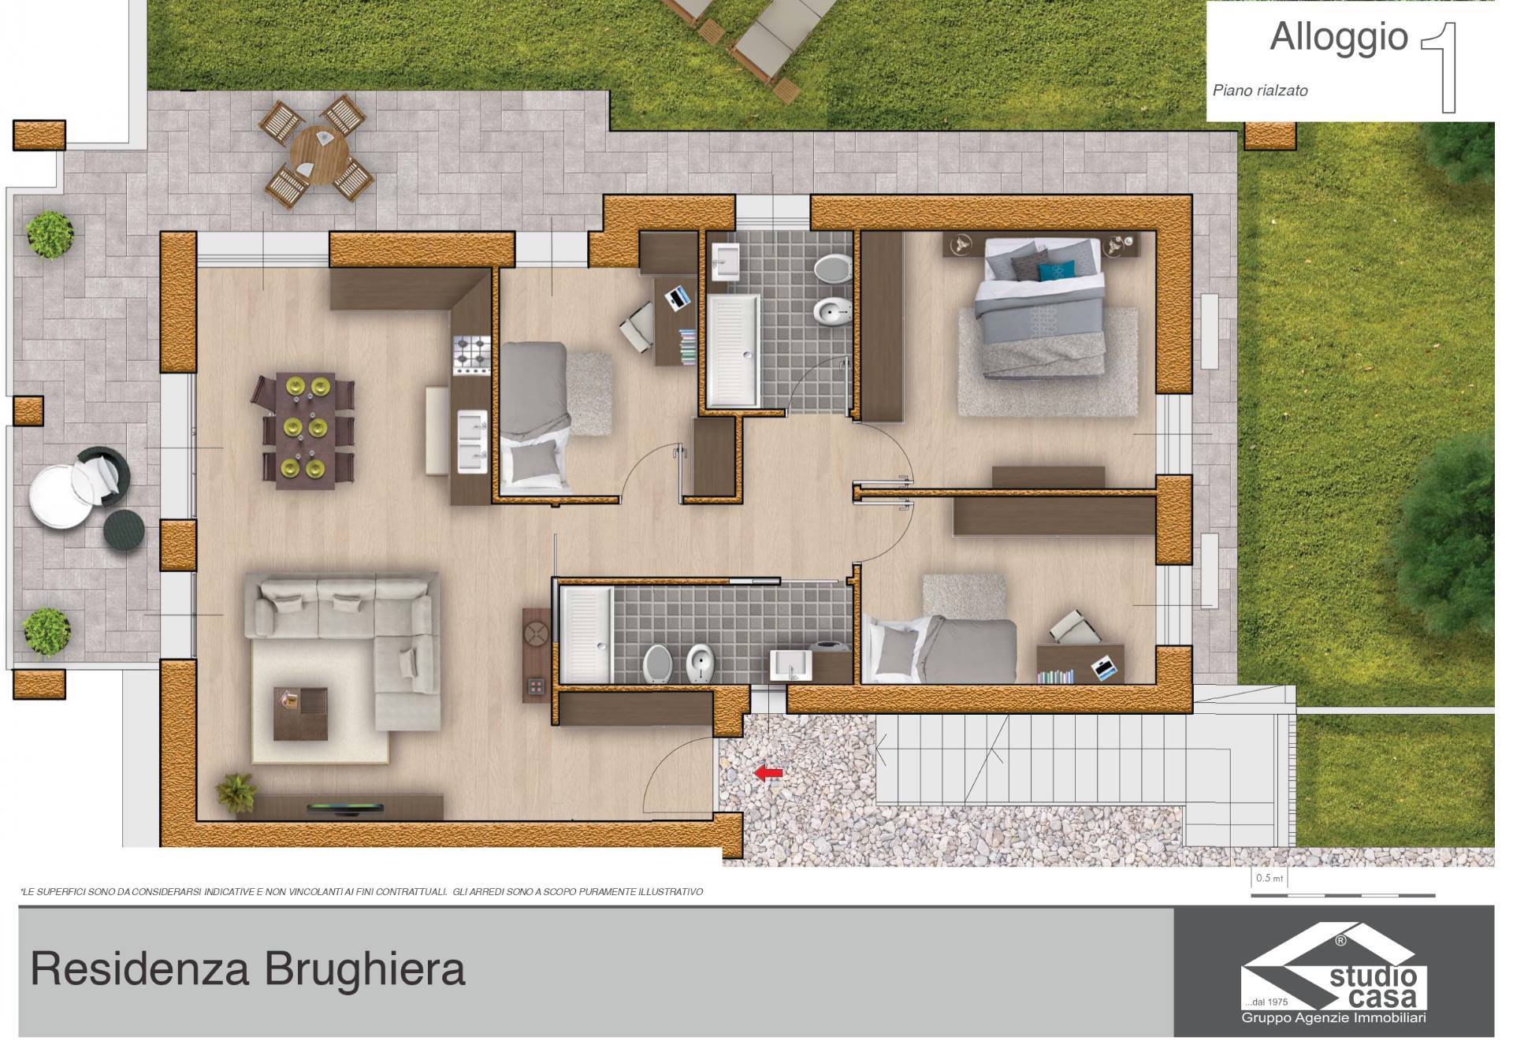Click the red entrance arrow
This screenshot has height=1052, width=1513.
click(x=768, y=773)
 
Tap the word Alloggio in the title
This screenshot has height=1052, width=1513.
click(x=1339, y=37)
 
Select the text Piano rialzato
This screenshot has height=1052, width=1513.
click(x=1259, y=91)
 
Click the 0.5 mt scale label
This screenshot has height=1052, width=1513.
click(x=1270, y=878)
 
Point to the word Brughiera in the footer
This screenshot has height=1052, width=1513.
click(x=364, y=969)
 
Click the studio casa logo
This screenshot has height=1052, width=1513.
click(x=1334, y=974)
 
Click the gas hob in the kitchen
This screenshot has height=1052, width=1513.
click(x=471, y=354)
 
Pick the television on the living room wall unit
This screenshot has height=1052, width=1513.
click(x=345, y=807)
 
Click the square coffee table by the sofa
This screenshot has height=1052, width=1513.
click(x=300, y=714)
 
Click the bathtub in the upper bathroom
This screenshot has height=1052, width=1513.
click(x=733, y=351)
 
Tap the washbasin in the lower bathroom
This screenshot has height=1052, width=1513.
click(x=790, y=665)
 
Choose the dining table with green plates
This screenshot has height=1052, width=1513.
click(x=305, y=430)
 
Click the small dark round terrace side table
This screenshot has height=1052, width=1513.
click(x=125, y=528)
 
